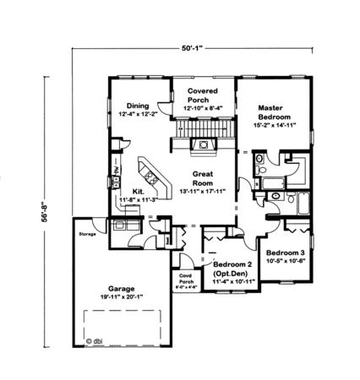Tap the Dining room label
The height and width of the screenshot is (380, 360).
(x=138, y=106)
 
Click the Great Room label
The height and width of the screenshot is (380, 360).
(x=201, y=178)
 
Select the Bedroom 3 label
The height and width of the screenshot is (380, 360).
(x=285, y=253)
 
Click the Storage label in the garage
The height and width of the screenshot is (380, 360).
(x=87, y=233)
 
